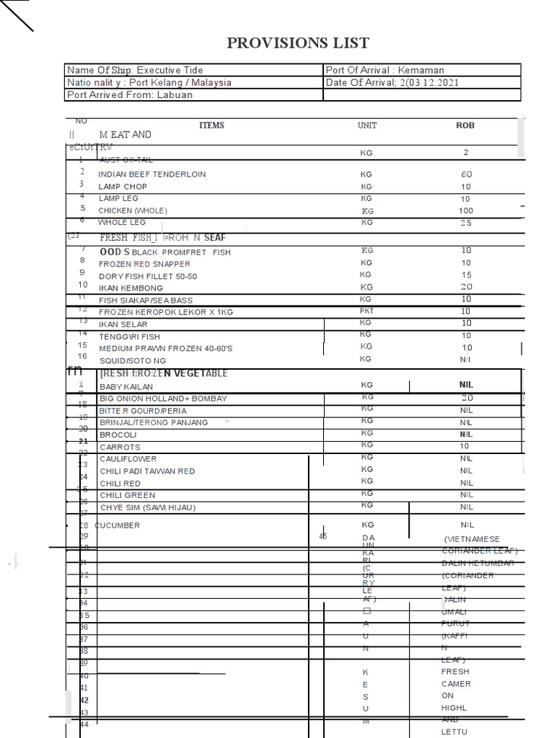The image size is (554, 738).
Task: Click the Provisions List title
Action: click(x=298, y=43)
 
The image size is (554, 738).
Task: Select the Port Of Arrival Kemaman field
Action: click(x=385, y=70)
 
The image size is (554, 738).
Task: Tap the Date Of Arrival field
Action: click(x=392, y=82)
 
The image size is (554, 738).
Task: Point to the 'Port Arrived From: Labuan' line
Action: click(x=130, y=94)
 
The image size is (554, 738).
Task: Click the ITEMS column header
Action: click(x=211, y=125)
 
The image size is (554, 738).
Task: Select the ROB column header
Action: click(x=465, y=125)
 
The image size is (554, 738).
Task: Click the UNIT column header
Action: click(x=367, y=125)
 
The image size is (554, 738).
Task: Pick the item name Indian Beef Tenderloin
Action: click(x=151, y=174)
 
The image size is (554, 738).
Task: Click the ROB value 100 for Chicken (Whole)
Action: click(x=466, y=210)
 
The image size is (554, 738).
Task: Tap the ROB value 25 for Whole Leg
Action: click(x=466, y=223)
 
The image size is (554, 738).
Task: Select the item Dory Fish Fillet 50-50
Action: click(x=148, y=276)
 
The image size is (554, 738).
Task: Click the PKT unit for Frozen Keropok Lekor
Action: click(x=366, y=311)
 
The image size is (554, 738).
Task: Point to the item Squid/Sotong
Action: click(x=132, y=360)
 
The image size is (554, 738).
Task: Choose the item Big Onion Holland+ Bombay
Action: click(x=163, y=399)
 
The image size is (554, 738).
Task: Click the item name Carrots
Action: click(x=119, y=447)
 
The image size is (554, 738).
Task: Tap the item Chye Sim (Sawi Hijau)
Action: click(x=147, y=507)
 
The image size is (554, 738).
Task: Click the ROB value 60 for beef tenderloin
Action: click(x=466, y=174)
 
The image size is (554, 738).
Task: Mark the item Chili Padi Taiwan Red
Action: click(x=147, y=471)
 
